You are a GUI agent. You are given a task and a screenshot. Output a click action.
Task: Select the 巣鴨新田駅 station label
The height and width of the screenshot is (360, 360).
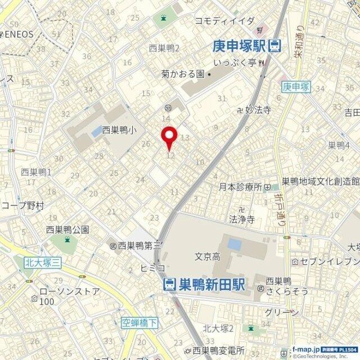211,285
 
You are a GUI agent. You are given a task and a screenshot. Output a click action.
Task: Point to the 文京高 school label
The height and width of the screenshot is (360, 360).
206,256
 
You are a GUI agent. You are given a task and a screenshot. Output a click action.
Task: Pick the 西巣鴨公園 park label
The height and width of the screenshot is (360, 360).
67,229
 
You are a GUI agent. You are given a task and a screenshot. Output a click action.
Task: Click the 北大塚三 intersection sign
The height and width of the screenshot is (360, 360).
43,262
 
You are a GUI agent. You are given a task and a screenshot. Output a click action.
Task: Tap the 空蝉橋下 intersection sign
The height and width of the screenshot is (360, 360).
139,322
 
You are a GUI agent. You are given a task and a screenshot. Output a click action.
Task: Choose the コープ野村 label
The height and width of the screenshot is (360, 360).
22,206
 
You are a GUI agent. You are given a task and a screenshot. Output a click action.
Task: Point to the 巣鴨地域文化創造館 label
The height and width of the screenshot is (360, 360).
320,181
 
